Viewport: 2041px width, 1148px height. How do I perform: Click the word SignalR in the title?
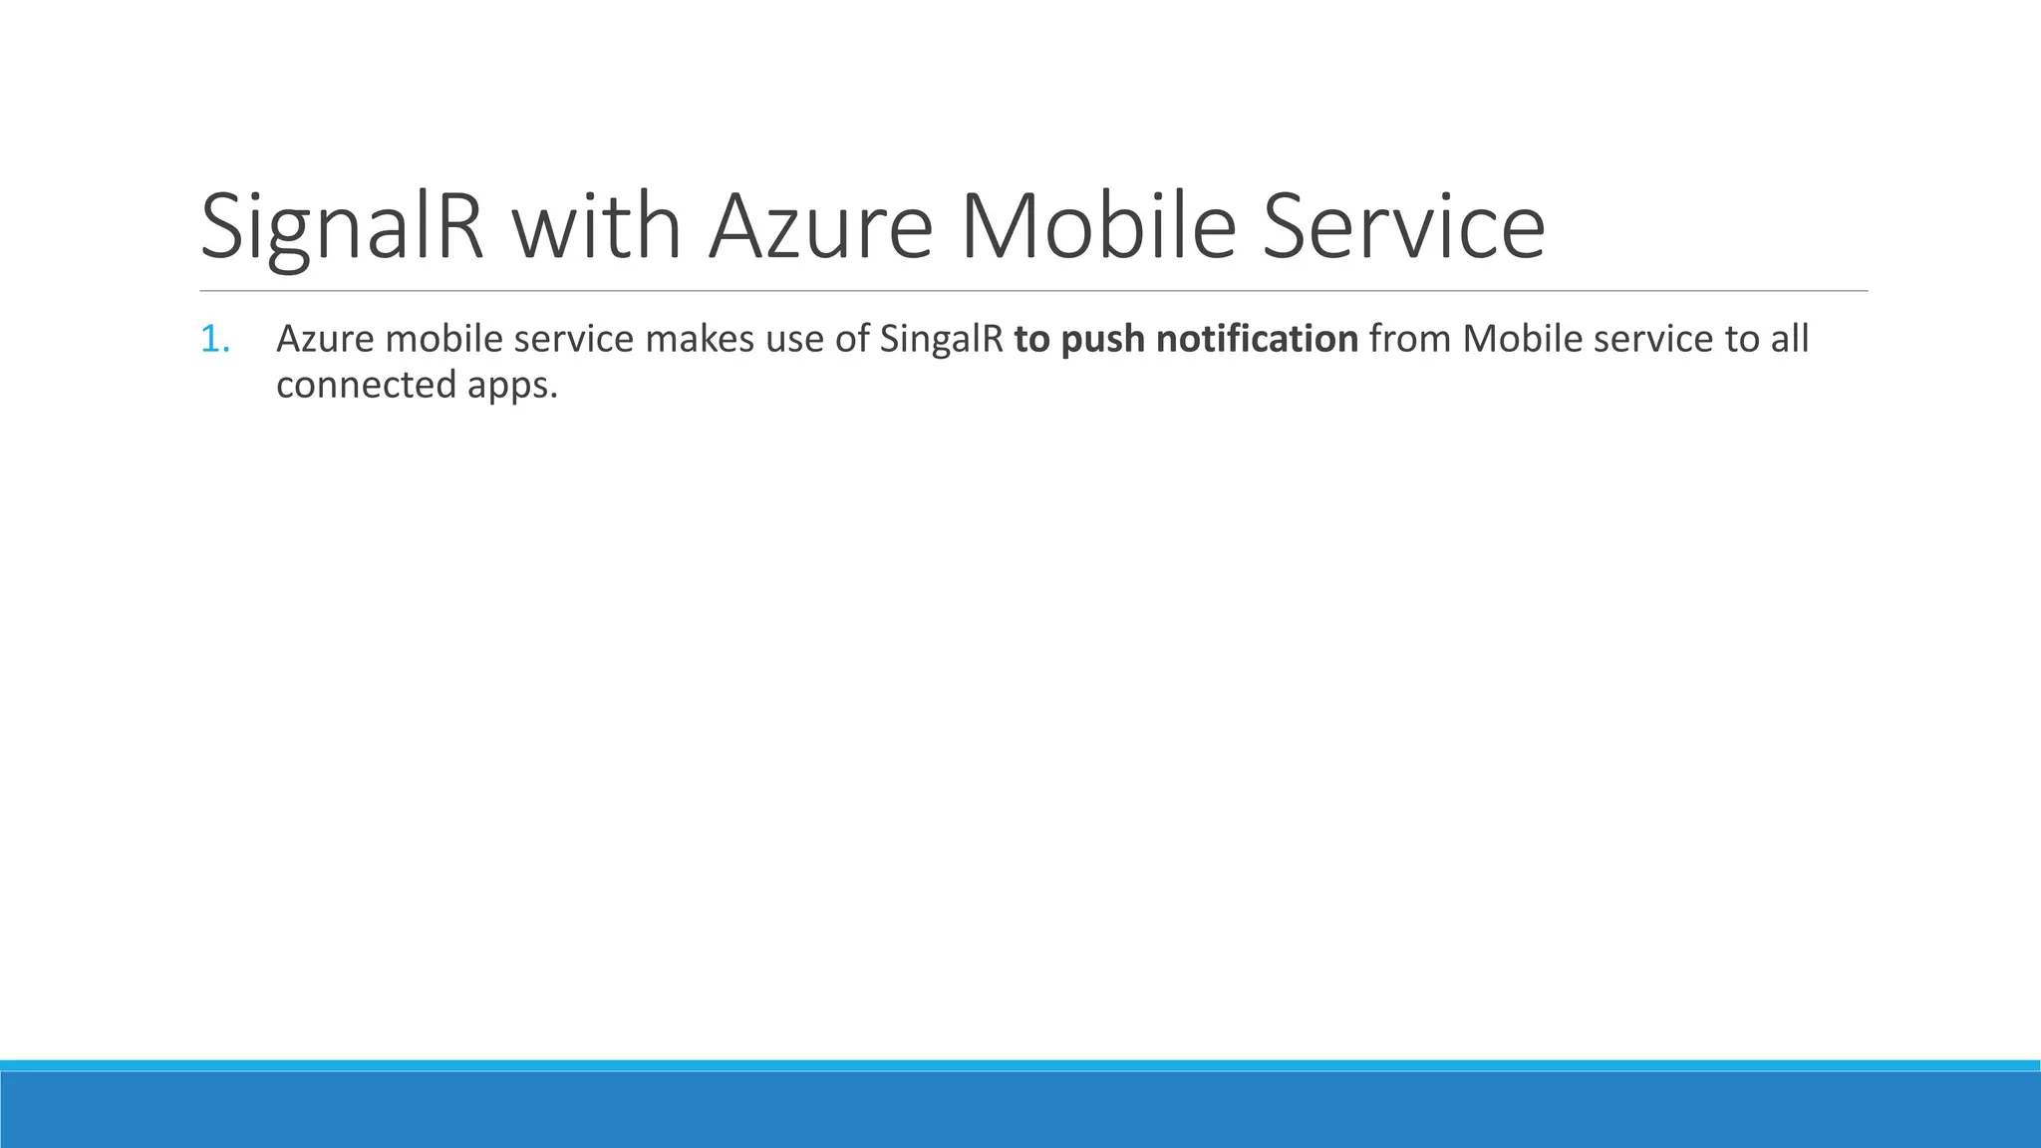(342, 228)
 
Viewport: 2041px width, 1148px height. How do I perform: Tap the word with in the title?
(596, 228)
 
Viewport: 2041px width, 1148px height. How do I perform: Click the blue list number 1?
(214, 340)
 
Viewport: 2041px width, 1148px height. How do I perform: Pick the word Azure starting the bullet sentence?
(325, 340)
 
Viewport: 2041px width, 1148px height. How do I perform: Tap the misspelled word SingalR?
(942, 340)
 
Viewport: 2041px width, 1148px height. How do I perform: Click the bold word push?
(1102, 340)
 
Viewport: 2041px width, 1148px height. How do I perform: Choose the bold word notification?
(1257, 340)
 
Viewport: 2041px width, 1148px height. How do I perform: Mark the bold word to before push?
(1031, 340)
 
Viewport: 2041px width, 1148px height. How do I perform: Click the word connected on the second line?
(366, 385)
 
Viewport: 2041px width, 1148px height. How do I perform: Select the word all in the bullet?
(1790, 340)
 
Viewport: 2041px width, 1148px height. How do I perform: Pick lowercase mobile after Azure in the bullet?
(443, 340)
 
